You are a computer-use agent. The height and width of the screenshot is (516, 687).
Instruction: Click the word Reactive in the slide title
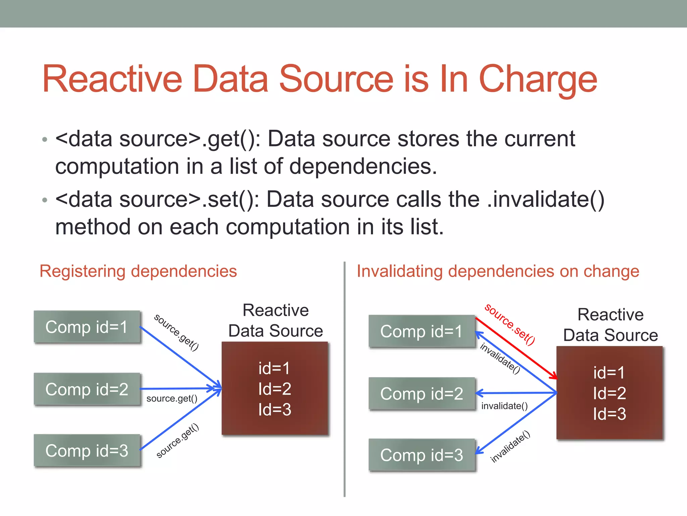coord(112,79)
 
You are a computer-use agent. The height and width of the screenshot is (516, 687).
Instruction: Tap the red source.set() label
coord(510,324)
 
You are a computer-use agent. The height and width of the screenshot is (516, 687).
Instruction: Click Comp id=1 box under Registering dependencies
coord(87,327)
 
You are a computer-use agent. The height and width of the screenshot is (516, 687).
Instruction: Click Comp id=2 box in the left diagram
coord(87,389)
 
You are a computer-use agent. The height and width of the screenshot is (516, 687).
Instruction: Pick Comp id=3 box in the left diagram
coord(87,450)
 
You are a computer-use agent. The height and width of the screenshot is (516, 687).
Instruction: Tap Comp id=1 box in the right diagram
coord(422,331)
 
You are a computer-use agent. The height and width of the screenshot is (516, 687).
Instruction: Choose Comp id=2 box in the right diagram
coord(422,393)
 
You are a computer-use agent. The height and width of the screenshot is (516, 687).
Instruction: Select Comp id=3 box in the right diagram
coord(422,455)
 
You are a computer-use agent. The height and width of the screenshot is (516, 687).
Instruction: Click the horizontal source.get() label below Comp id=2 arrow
coord(172,399)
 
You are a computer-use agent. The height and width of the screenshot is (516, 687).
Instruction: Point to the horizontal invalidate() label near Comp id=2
coord(504,406)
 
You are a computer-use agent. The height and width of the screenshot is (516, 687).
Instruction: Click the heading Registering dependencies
coord(138,271)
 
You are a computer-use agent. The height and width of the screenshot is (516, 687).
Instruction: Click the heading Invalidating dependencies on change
coord(498,271)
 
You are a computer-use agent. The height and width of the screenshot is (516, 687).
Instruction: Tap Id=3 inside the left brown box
coord(274,410)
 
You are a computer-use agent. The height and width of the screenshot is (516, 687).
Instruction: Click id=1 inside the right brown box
coord(609,373)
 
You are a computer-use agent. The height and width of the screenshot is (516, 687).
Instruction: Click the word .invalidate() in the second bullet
coord(545,200)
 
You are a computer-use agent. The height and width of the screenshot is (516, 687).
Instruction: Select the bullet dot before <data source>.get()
coord(45,139)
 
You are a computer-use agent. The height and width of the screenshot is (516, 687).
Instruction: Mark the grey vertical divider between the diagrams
coord(345,380)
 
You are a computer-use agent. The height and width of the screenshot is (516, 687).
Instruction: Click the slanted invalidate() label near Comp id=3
coord(510,446)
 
